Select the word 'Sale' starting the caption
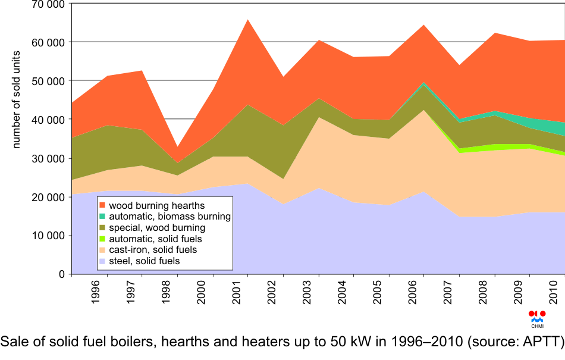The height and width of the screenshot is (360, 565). pos(13,342)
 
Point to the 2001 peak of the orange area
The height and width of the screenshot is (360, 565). pos(247,20)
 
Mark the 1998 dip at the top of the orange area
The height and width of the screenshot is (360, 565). pos(177,147)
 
